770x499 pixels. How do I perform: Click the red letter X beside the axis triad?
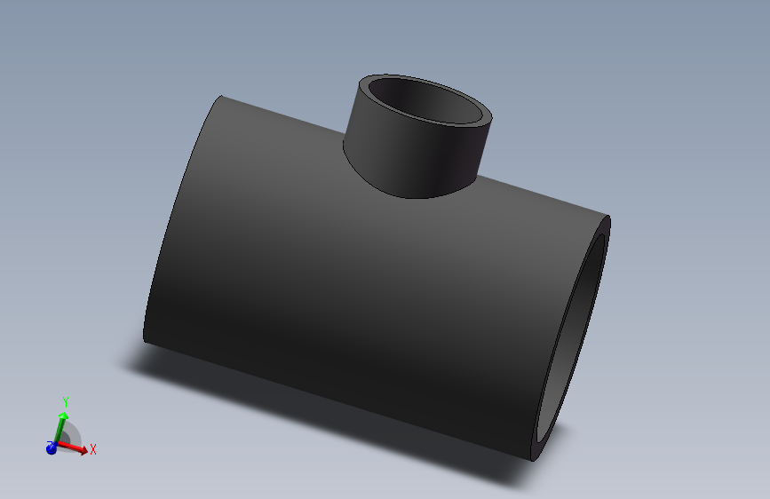coord(93,449)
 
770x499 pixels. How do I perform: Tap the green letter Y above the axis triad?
coord(65,403)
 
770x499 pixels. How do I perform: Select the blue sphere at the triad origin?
coord(52,448)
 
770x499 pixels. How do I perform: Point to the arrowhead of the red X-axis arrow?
coord(83,451)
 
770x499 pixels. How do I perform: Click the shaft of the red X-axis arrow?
coord(69,448)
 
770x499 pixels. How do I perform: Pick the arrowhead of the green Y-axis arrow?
coord(64,416)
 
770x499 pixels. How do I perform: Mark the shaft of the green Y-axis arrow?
coord(59,431)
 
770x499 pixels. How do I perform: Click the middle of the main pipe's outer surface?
coord(355,284)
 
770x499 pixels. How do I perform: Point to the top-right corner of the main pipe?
coord(609,217)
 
